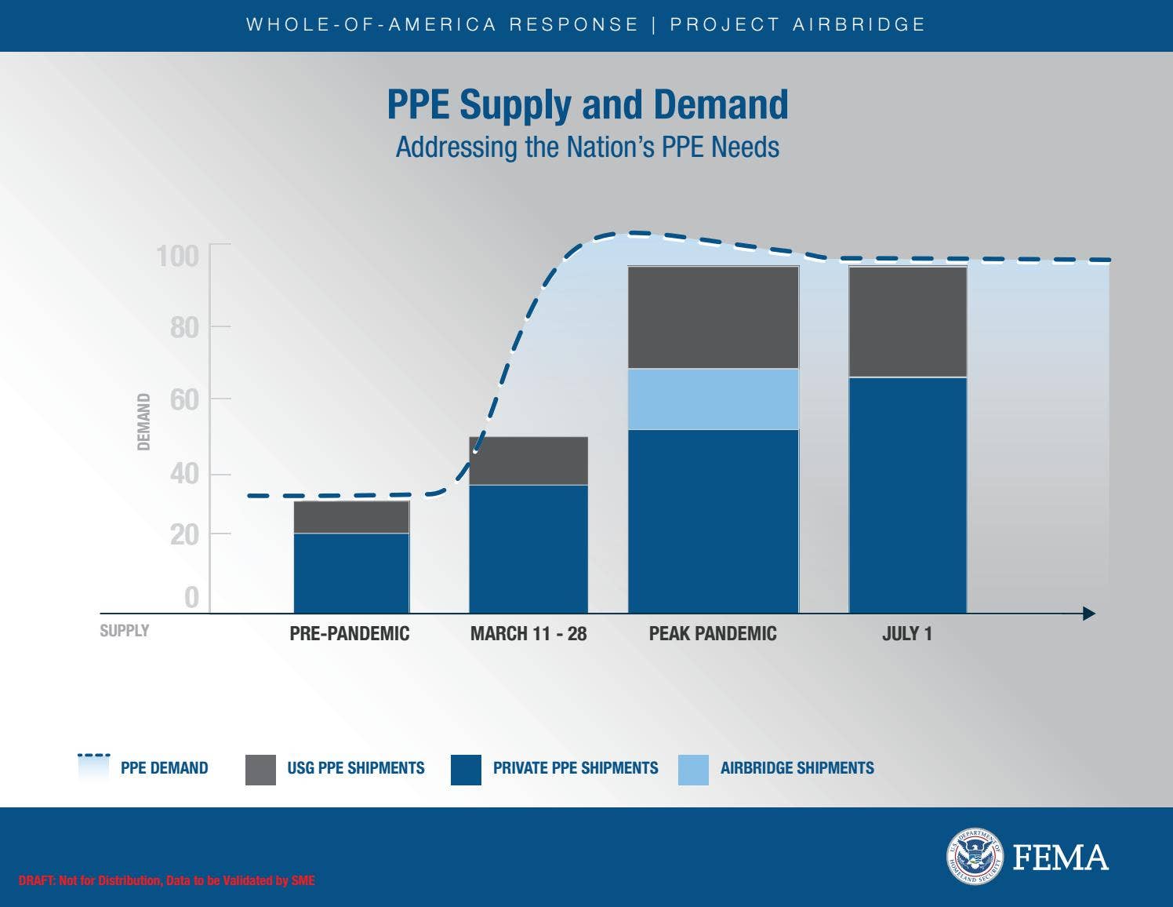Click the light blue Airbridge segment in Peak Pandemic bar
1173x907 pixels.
pyautogui.click(x=713, y=399)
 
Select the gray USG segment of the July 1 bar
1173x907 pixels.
pyautogui.click(x=907, y=322)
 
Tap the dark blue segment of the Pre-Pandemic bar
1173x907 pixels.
pyautogui.click(x=351, y=573)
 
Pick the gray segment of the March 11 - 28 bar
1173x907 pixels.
pyautogui.click(x=528, y=461)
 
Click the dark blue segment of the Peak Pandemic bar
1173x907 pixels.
pyautogui.click(x=713, y=521)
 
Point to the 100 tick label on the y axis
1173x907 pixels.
pyautogui.click(x=178, y=257)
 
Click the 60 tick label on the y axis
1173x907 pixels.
pyautogui.click(x=184, y=400)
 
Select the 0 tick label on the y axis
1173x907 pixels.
pyautogui.click(x=191, y=598)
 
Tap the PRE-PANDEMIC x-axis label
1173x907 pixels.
pyautogui.click(x=350, y=634)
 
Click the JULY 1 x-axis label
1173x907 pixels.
pyautogui.click(x=907, y=634)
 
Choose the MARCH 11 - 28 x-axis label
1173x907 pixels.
pyautogui.click(x=528, y=634)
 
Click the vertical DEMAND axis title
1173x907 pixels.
pyautogui.click(x=143, y=422)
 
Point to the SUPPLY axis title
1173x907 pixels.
pyautogui.click(x=124, y=631)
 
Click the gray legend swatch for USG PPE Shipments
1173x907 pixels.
pyautogui.click(x=260, y=770)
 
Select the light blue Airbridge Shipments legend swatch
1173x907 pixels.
pyautogui.click(x=693, y=770)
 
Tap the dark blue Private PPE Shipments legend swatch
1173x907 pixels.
pyautogui.click(x=466, y=770)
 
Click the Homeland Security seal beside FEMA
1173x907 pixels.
pyautogui.click(x=975, y=857)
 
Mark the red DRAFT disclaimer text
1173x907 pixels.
pyautogui.click(x=166, y=881)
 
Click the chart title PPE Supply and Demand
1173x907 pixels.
pyautogui.click(x=587, y=104)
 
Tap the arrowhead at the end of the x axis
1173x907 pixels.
pyautogui.click(x=1088, y=614)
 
